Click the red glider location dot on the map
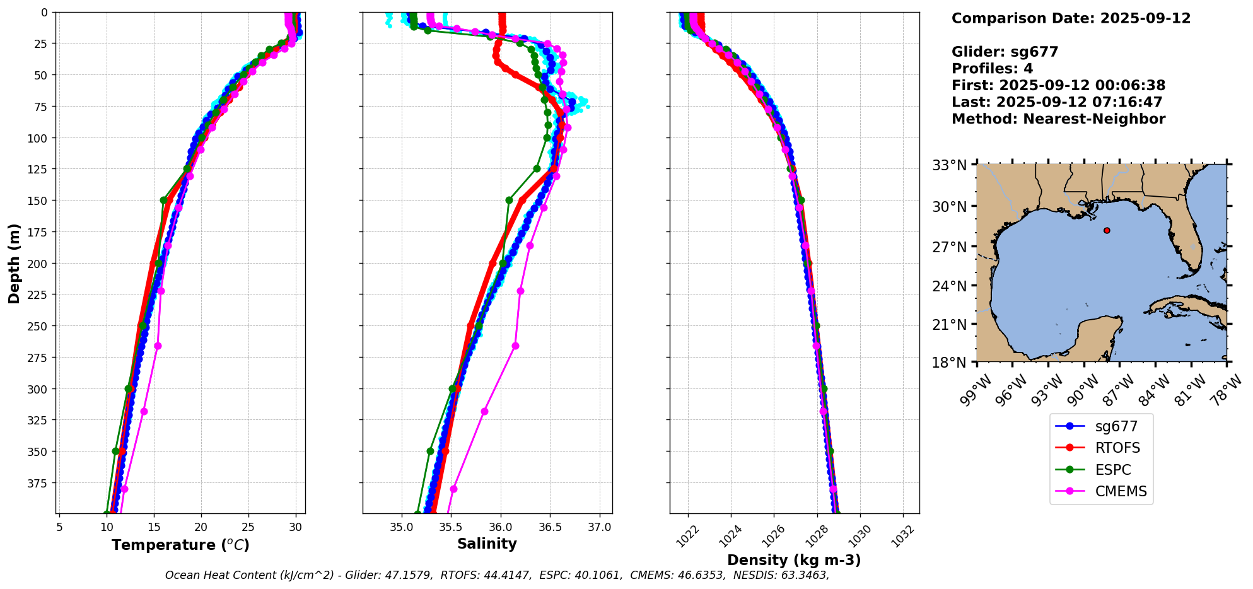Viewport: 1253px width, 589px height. tap(1107, 231)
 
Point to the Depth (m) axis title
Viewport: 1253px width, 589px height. tap(14, 263)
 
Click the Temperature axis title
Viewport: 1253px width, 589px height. tap(180, 545)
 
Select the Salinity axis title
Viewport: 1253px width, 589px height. tap(487, 544)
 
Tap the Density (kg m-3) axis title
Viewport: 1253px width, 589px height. tap(794, 560)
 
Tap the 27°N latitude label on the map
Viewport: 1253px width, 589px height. tap(949, 247)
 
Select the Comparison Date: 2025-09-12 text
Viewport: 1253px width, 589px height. tap(1071, 18)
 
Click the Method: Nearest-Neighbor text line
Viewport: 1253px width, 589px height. tap(1058, 119)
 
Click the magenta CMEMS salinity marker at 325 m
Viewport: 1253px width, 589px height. tap(484, 412)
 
